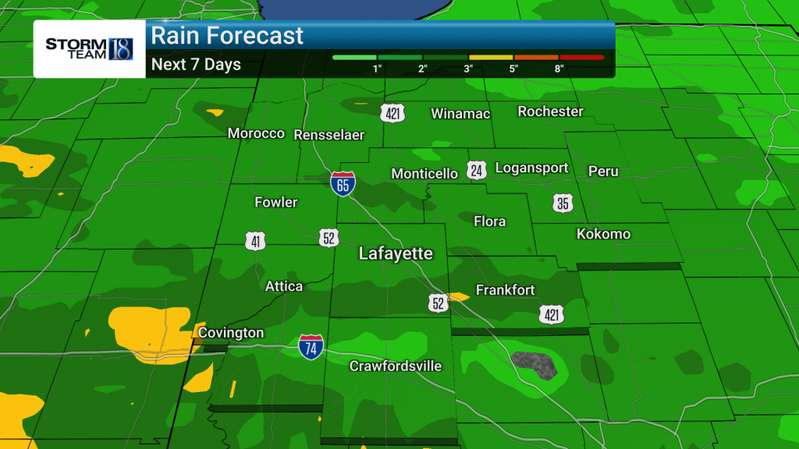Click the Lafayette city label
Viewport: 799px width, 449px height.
pos(396,254)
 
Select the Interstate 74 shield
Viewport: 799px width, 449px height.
pos(311,347)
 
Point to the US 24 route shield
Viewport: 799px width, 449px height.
pos(477,171)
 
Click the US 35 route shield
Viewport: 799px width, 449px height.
pos(563,204)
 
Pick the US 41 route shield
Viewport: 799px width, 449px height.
pos(255,242)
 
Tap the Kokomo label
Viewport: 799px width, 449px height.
pos(603,234)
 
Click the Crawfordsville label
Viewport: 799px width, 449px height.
pos(396,366)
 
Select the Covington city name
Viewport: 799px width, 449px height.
pos(231,333)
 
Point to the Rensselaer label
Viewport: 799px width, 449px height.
pos(329,135)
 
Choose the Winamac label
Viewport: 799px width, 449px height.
pos(460,114)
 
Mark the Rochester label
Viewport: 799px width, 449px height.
pos(550,111)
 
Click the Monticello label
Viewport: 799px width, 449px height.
pos(424,173)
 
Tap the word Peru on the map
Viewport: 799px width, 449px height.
pos(603,171)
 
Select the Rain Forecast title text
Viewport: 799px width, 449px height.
pos(227,36)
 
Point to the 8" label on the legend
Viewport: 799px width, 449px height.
pos(559,69)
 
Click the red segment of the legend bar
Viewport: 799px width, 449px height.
pos(581,57)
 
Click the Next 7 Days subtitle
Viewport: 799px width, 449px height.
pos(196,65)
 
